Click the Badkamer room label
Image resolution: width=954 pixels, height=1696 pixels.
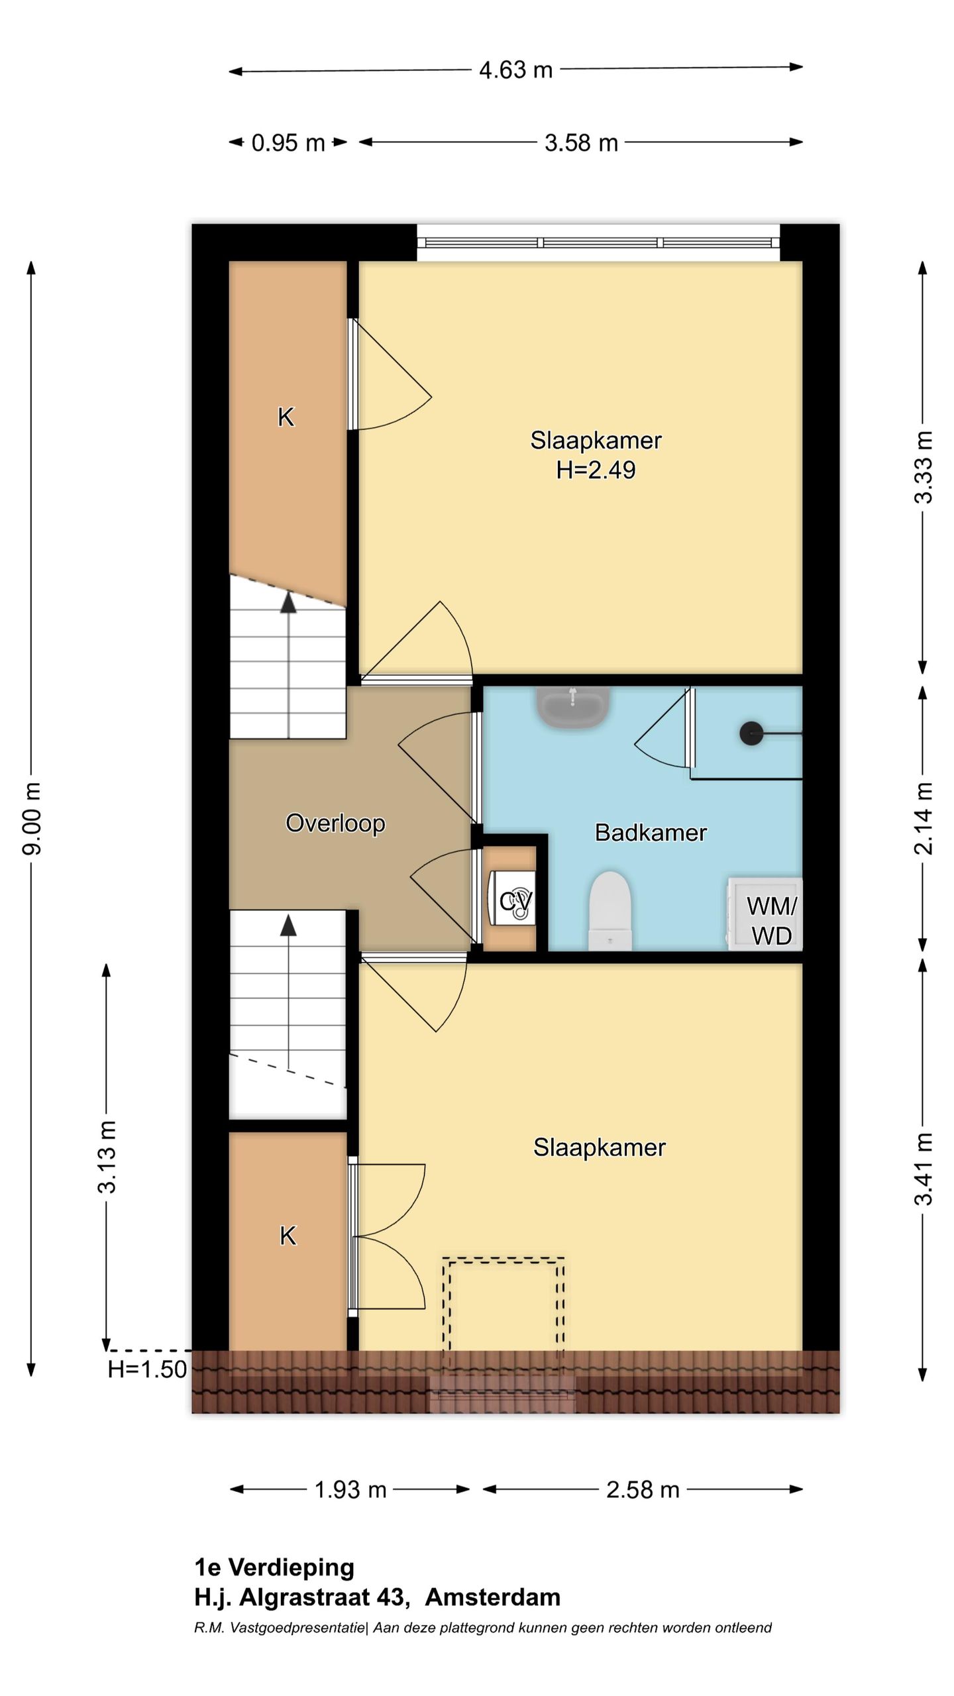[651, 832]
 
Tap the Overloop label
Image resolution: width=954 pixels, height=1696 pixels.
[335, 823]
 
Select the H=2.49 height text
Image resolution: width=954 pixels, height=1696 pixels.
[596, 470]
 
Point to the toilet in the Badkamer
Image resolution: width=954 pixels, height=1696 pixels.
[610, 911]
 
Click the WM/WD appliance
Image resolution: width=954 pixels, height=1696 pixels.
[765, 914]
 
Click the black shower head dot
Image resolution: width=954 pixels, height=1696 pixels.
[751, 733]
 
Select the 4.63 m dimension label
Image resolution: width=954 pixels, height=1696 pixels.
[515, 70]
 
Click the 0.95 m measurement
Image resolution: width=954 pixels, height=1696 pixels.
[288, 142]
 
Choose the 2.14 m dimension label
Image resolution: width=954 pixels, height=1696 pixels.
[924, 818]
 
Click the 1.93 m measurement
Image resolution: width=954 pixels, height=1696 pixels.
[350, 1490]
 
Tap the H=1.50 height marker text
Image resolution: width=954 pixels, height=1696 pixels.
[147, 1369]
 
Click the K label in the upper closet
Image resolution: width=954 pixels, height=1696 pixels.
[286, 417]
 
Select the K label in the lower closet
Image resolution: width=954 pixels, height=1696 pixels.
[288, 1236]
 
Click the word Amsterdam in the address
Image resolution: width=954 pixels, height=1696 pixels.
[493, 1597]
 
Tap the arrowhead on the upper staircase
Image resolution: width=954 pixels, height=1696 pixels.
[288, 602]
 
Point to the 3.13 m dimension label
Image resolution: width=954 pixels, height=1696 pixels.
[107, 1157]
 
